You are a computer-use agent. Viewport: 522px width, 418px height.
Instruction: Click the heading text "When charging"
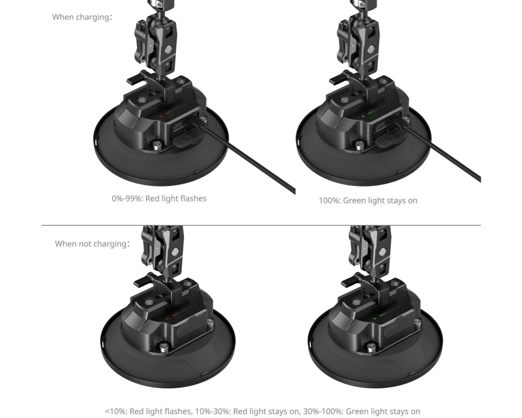(81, 17)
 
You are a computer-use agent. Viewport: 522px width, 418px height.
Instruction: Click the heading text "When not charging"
(90, 243)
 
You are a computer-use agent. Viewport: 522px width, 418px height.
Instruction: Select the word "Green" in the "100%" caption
(355, 200)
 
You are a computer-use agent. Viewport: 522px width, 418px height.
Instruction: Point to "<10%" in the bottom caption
(116, 411)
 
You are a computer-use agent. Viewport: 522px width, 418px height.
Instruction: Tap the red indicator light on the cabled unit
(161, 117)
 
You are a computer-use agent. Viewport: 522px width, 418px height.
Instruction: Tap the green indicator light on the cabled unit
(363, 117)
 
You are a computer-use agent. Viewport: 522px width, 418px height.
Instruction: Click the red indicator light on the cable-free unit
(167, 319)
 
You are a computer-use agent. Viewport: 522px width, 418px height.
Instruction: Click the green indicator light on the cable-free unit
(375, 318)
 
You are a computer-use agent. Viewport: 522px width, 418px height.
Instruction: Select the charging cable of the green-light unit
(440, 152)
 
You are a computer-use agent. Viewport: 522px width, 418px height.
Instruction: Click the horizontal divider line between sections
(261, 225)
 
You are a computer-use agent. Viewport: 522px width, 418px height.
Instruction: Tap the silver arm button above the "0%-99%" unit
(169, 50)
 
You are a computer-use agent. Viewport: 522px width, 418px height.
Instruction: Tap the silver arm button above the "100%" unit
(371, 50)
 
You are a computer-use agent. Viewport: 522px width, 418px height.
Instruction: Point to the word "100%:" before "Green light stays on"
(330, 200)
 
